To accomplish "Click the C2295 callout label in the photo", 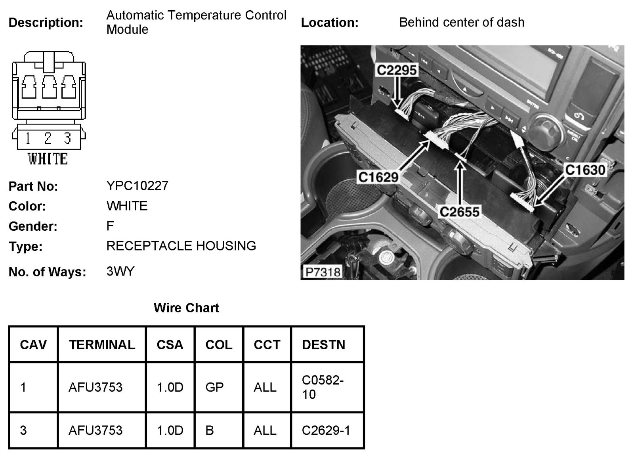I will click(x=397, y=70).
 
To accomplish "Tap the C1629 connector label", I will click(x=378, y=177).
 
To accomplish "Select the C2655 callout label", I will click(x=459, y=212).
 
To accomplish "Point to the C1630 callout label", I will click(x=585, y=170).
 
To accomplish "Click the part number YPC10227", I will click(x=137, y=186).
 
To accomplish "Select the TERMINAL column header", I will click(x=102, y=344).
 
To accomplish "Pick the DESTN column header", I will click(x=323, y=344).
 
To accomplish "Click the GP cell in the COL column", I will click(x=214, y=387).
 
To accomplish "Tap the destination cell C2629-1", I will click(x=326, y=430).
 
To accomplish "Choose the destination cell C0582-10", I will click(x=323, y=387).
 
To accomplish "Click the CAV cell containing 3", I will click(x=23, y=430).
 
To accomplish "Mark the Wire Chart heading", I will click(x=186, y=308).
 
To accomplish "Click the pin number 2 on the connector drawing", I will click(x=48, y=138).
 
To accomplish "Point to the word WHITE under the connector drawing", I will click(x=48, y=159).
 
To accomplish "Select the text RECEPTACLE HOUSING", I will click(x=181, y=246).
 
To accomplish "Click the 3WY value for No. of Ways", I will click(x=120, y=272).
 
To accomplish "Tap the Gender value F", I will click(x=110, y=226).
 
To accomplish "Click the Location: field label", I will click(x=330, y=23).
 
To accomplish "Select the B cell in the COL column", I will click(x=210, y=430).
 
